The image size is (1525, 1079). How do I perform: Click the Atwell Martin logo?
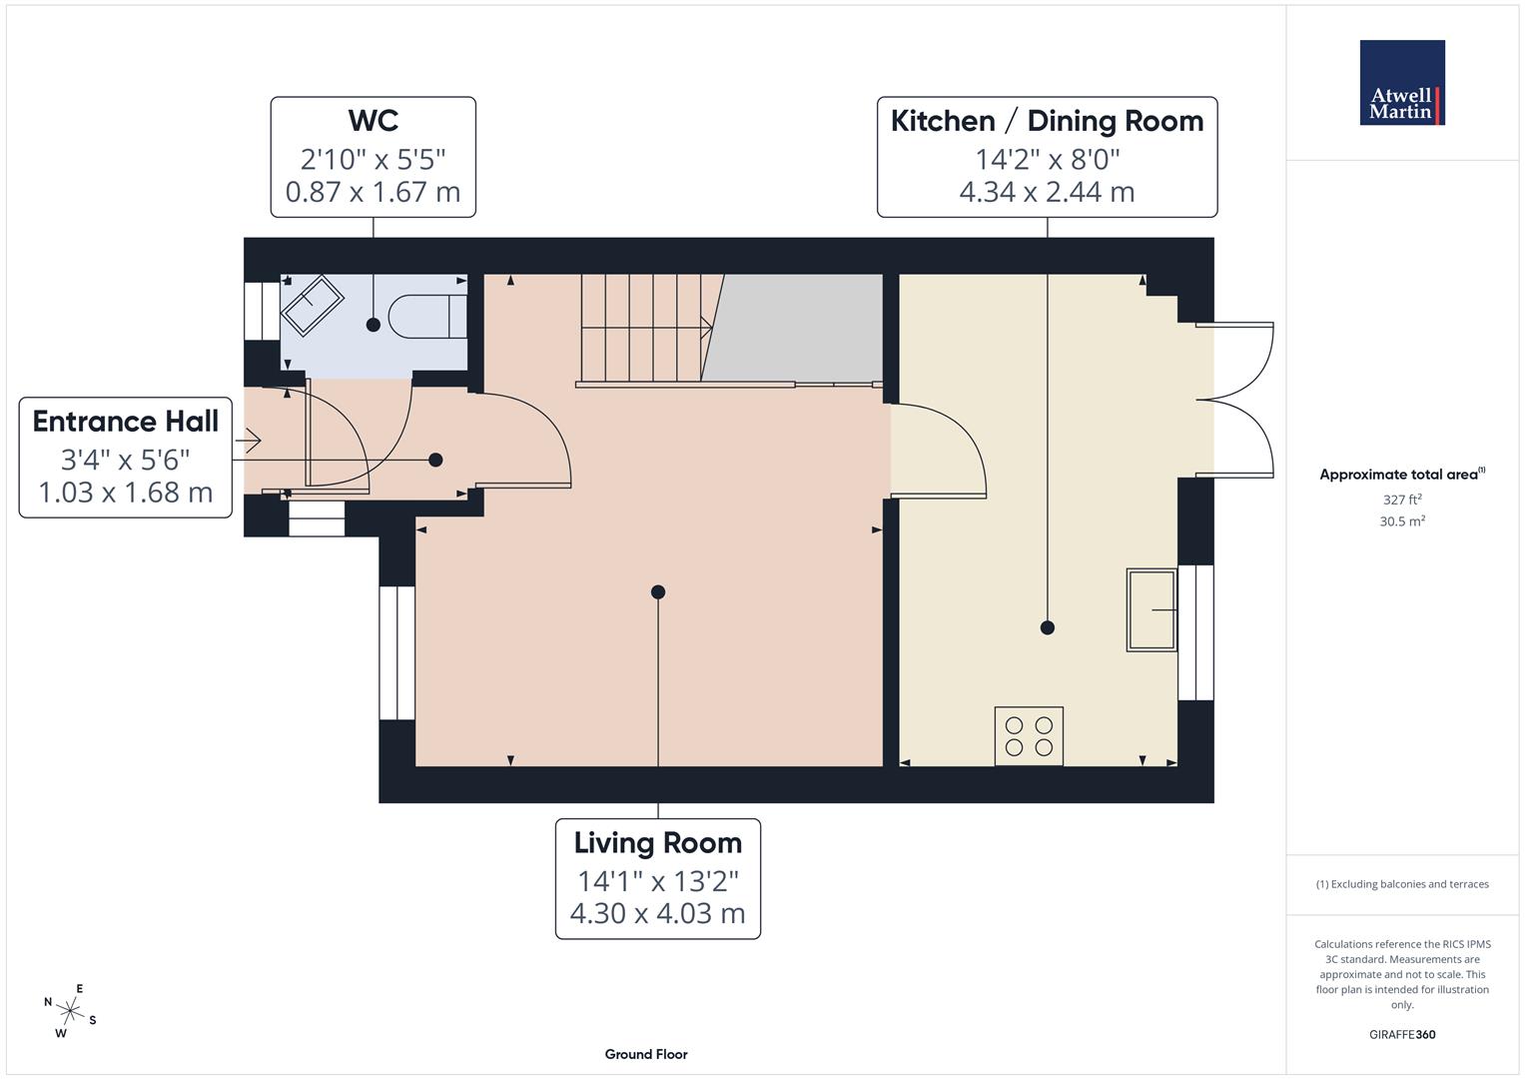click(1401, 83)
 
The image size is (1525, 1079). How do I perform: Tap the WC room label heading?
click(373, 121)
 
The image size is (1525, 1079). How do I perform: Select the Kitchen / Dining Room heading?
click(1047, 121)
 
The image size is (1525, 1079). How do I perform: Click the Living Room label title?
click(657, 843)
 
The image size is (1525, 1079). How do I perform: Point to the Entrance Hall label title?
click(125, 422)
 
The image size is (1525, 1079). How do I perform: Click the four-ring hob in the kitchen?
click(1029, 736)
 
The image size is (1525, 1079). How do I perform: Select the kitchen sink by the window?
click(1151, 609)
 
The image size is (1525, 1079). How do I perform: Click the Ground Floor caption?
click(646, 1054)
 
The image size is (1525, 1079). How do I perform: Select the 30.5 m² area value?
click(1401, 522)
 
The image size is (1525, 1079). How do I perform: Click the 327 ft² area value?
click(1401, 500)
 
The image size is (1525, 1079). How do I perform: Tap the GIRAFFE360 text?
click(1401, 1034)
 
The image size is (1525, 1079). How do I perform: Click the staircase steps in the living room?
click(644, 327)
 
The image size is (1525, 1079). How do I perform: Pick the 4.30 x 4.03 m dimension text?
click(657, 913)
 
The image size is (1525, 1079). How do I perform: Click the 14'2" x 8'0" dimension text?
click(1047, 159)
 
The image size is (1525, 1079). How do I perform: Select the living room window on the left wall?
click(396, 652)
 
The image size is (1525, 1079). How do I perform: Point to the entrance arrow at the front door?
click(248, 440)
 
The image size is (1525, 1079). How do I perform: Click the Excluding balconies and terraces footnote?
click(1401, 884)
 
